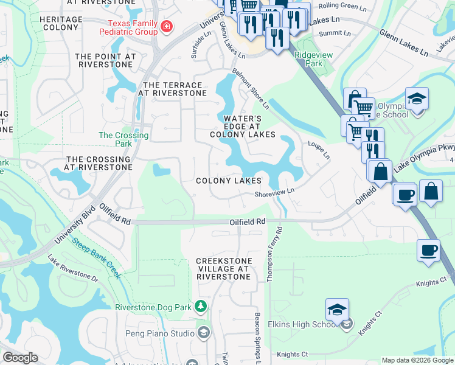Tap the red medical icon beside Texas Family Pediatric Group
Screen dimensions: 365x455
167,27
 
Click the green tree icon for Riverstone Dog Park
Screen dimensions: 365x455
199,305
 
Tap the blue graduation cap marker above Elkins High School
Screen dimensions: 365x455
338,309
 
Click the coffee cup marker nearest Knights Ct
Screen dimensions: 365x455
429,250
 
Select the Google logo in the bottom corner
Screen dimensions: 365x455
20,358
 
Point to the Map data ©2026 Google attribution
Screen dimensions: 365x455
417,360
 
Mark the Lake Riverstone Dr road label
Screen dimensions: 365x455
72,268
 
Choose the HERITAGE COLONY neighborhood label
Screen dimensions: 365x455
61,24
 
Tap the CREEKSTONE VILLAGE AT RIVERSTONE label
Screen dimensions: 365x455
223,269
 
